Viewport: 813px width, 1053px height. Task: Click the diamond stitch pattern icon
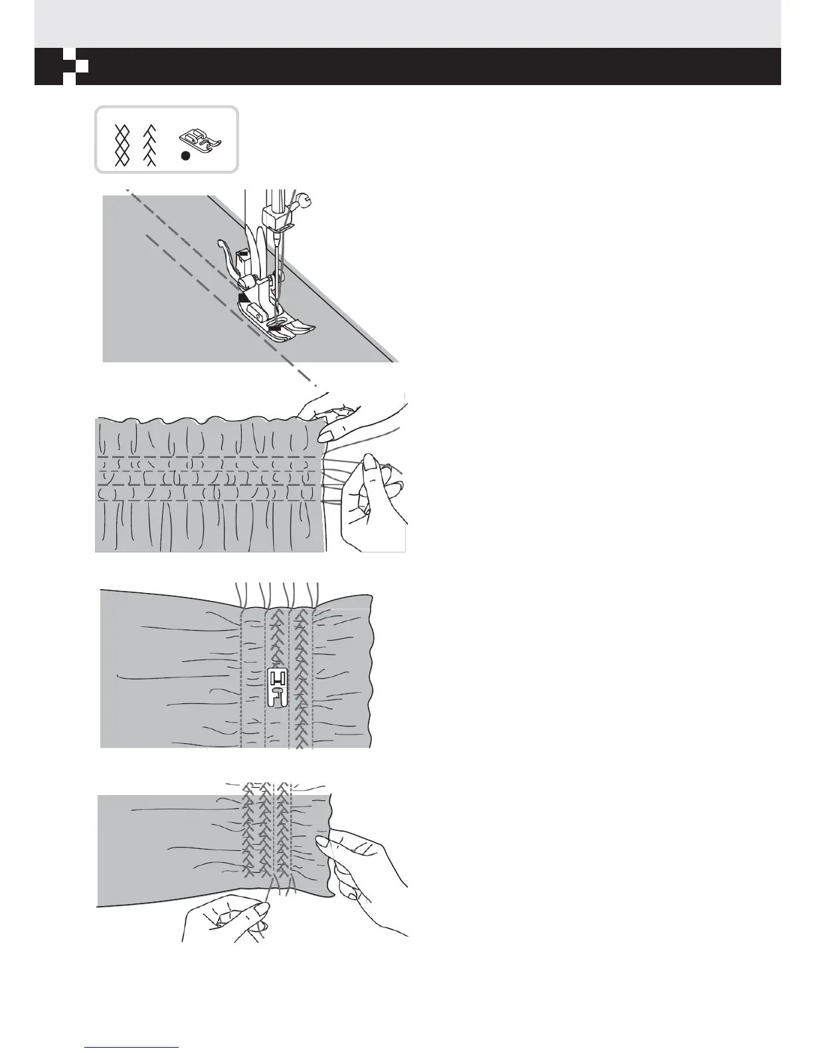tap(122, 145)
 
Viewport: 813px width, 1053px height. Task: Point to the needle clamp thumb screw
tap(304, 197)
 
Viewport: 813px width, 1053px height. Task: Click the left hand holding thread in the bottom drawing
tap(226, 917)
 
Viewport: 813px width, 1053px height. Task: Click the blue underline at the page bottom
tap(133, 1047)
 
